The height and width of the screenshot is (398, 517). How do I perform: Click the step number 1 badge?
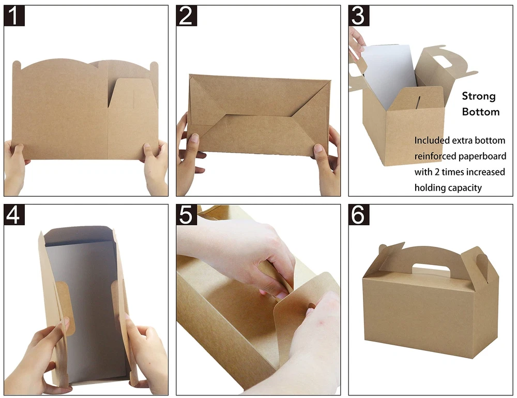coord(14,16)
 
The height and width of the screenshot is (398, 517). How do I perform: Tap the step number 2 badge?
coord(186,16)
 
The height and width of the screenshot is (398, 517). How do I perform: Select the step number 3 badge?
coord(359,16)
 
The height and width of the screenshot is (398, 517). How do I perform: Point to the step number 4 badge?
coord(14,214)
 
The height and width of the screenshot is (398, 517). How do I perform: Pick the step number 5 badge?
coord(186,214)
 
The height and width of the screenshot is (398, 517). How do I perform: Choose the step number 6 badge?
coord(359,214)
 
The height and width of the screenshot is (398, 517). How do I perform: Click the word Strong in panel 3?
coord(479,96)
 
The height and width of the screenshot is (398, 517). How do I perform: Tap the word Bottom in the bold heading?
coord(481,112)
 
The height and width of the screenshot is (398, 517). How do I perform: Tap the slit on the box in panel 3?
coord(418,102)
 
